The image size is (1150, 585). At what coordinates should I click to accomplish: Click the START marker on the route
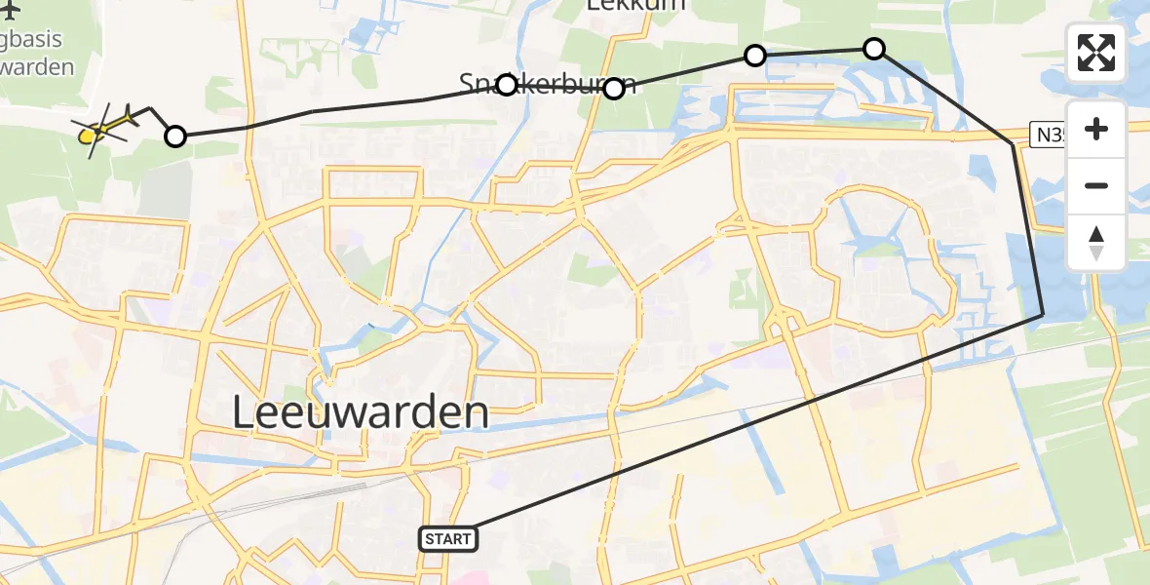447,538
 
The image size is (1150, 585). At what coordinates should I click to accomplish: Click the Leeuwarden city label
361,412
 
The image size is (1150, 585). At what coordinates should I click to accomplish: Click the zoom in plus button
1096,129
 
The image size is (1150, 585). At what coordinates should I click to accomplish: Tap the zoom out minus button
1096,185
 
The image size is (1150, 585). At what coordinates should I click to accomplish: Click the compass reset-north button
1096,243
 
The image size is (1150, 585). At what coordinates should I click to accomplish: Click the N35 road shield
1049,135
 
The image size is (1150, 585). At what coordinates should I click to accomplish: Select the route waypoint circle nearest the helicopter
174,136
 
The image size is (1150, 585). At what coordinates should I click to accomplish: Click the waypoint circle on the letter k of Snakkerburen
507,85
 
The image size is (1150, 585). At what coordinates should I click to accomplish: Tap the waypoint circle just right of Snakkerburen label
614,90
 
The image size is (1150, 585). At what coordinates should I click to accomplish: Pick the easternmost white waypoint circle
874,48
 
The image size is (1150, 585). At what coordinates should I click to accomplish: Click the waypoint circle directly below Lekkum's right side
755,56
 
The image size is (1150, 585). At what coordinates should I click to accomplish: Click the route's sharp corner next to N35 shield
1013,143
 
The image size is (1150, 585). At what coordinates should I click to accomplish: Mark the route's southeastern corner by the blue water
1042,314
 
